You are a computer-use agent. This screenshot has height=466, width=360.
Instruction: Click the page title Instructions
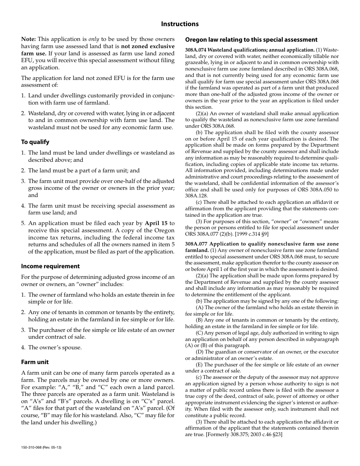coord(180,24)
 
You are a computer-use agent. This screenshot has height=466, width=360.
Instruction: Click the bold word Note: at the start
coord(28,39)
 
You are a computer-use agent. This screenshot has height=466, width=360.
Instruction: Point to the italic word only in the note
coord(94,39)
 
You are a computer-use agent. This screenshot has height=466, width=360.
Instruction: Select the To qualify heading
coord(35,142)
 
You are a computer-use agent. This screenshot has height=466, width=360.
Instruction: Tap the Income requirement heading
coord(50,266)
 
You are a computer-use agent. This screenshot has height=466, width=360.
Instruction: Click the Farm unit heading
coord(35,362)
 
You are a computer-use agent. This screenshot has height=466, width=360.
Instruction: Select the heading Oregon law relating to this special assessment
coord(251,40)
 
